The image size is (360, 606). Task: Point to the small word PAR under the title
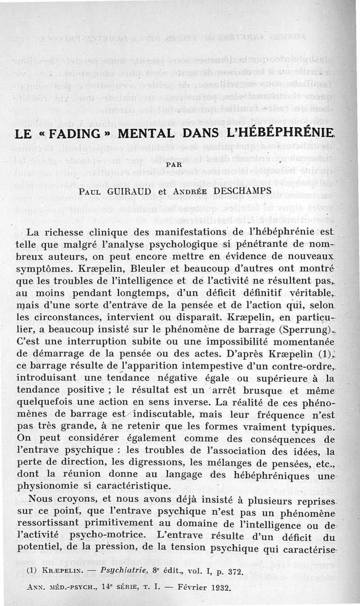(174, 165)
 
